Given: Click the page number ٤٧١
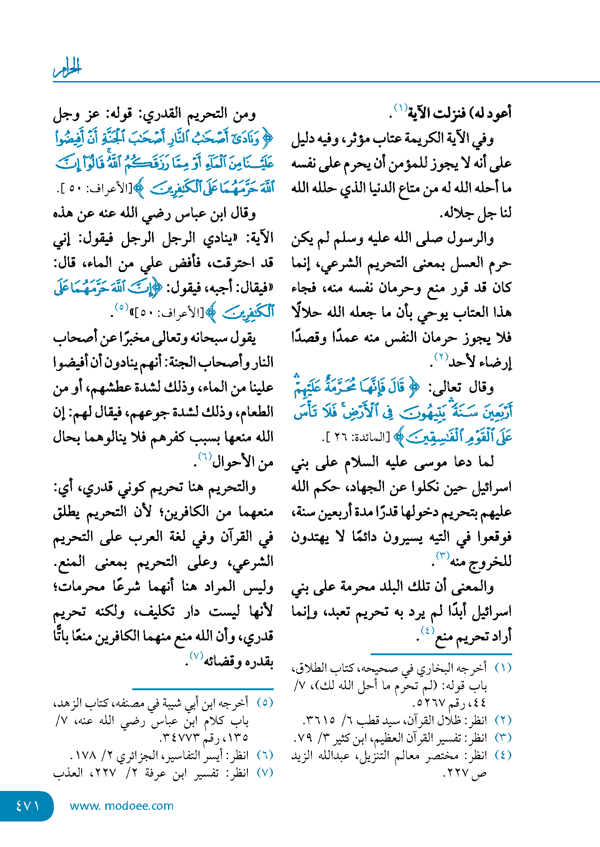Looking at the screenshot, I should (x=27, y=805).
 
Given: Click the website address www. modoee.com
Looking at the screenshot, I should (x=121, y=806).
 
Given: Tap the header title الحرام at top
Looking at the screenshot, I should (x=68, y=68).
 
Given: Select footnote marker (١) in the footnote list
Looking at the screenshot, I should (x=503, y=668).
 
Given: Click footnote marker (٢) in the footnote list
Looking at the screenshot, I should (x=503, y=721).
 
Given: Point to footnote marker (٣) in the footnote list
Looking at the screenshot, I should (x=503, y=738).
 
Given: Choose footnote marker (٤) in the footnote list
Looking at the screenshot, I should (x=503, y=755).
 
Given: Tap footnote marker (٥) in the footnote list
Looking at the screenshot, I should (x=265, y=703).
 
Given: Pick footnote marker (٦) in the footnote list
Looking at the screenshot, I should (x=265, y=755).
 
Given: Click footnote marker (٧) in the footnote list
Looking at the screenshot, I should (x=265, y=773).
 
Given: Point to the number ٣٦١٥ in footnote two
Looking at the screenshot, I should (x=320, y=721).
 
